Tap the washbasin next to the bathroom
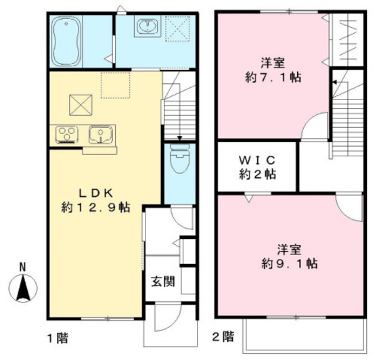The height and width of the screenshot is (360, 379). click(146, 28)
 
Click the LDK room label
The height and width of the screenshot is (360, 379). click(91, 190)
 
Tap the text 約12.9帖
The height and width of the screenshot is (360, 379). click(91, 206)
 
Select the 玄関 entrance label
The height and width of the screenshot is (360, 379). click(162, 281)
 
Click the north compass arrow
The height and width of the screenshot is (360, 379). click(22, 288)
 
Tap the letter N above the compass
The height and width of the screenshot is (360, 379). click(22, 267)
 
